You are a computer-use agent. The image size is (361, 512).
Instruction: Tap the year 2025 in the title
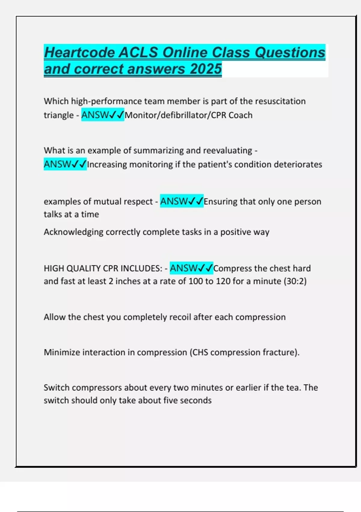[206, 69]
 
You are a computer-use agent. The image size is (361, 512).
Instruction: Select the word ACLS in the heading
[138, 52]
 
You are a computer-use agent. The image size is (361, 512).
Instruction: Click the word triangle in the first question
[59, 115]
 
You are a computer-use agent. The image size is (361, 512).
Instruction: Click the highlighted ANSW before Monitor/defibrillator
[95, 115]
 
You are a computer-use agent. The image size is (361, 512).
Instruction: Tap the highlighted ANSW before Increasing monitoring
[57, 164]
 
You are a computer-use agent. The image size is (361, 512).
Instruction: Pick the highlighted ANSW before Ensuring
[174, 201]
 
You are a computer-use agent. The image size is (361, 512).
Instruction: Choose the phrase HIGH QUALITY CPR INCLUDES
[103, 268]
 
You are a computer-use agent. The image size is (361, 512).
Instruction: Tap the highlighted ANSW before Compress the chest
[184, 268]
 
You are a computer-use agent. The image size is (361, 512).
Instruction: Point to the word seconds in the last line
[196, 401]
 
